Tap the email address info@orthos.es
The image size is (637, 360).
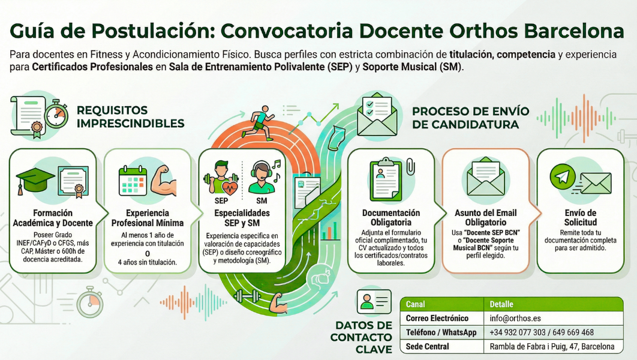[x=515, y=318]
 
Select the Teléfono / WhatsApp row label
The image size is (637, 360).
[x=441, y=332]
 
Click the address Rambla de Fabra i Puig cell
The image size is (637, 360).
[x=552, y=347]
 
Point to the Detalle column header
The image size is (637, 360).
[x=501, y=304]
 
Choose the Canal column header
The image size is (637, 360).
[x=416, y=304]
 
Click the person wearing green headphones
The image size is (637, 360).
[x=262, y=178]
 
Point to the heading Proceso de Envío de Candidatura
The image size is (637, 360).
[x=470, y=118]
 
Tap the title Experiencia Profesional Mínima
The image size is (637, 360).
[x=148, y=218]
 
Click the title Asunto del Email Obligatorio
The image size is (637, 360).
[x=486, y=218]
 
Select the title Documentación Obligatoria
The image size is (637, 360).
[x=391, y=218]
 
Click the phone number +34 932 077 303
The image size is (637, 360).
[x=518, y=332]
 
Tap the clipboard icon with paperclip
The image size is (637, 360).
[x=390, y=178]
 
